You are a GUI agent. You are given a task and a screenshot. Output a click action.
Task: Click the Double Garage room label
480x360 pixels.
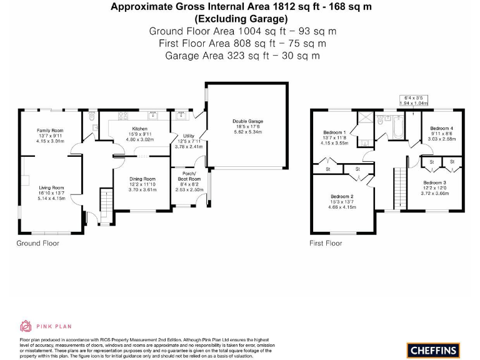click(x=247, y=121)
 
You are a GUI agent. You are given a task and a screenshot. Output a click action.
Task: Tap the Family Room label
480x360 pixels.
click(x=50, y=130)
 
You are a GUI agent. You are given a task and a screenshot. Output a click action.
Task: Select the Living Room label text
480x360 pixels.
click(x=51, y=187)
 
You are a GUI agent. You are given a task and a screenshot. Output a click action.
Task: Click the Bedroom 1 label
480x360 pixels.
click(x=334, y=132)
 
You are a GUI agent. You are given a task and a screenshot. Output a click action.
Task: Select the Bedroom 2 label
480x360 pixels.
click(x=342, y=197)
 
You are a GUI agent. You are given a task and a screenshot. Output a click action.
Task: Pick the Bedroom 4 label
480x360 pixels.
click(x=442, y=128)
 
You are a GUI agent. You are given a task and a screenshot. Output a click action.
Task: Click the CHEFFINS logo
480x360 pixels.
click(x=433, y=349)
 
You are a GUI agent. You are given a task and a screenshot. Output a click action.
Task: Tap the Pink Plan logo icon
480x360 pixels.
click(x=26, y=326)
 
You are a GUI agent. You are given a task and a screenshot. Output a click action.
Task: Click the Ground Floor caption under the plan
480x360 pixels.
click(x=37, y=243)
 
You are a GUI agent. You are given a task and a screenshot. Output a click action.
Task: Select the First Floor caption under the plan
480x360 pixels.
click(x=326, y=243)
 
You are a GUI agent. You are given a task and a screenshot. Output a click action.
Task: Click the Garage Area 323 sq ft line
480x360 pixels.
click(x=242, y=56)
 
